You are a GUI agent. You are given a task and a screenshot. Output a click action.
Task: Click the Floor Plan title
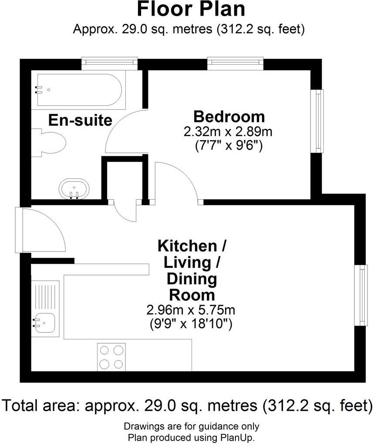coord(191,9)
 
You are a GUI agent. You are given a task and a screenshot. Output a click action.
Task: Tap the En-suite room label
coord(80,120)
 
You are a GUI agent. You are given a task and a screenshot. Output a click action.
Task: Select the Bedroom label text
coord(229,117)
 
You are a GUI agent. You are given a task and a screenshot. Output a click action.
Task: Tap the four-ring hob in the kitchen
coord(111,356)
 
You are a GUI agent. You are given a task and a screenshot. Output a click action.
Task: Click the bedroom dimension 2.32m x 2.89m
coord(229,131)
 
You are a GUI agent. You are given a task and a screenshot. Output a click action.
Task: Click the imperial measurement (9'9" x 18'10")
coord(191,324)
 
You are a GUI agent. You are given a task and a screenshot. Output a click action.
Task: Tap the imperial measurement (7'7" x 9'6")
coord(229,146)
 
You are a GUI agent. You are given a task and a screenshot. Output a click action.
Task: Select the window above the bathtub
coord(110,64)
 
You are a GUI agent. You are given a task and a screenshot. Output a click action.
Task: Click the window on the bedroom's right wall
coord(320,121)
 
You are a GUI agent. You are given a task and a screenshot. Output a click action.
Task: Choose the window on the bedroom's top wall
coord(235,64)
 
